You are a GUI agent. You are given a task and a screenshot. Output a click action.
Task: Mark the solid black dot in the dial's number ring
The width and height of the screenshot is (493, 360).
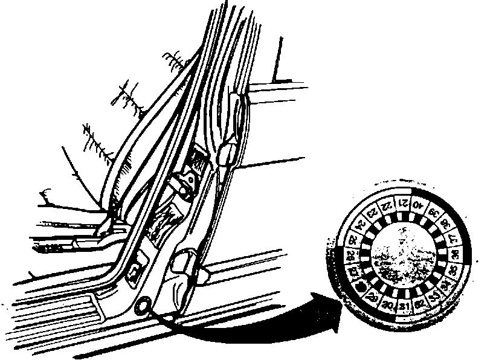click(x=361, y=286)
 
